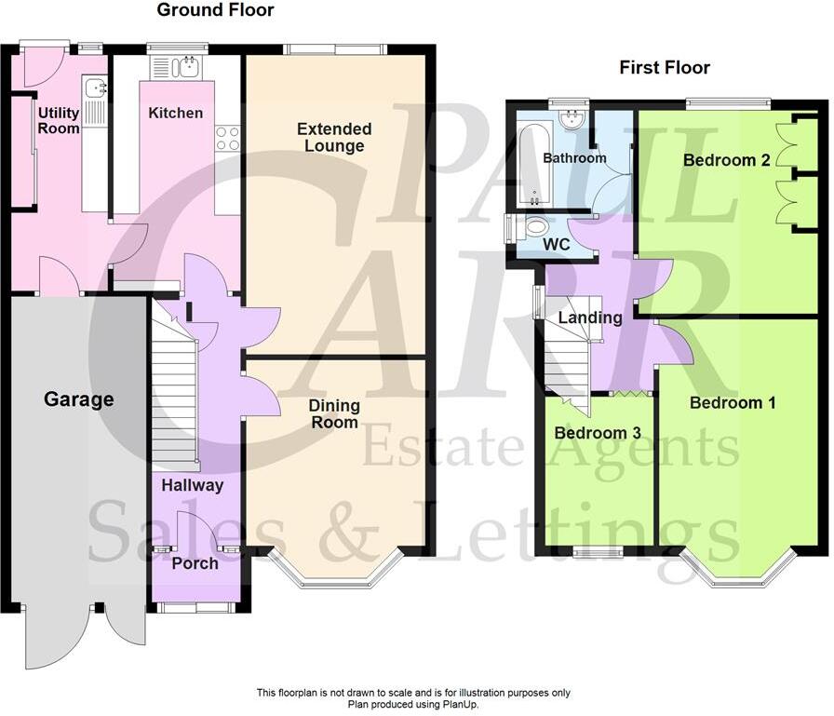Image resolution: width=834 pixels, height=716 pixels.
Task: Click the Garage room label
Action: [x=79, y=399]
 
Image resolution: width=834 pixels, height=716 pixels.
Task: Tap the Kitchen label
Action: [x=176, y=113]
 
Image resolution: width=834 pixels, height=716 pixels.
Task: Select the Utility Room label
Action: [x=59, y=121]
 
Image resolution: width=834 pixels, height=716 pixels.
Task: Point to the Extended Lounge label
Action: [x=334, y=137]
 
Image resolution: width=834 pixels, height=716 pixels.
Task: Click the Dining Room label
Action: [x=334, y=414]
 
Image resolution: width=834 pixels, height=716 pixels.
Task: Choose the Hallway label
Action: [x=193, y=484]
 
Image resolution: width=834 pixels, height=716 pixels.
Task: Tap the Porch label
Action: [x=195, y=563]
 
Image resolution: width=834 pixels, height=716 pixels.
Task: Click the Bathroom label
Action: [x=574, y=157]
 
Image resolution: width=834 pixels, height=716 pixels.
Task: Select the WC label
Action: [x=557, y=246]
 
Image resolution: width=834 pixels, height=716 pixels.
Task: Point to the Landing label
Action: [x=590, y=317]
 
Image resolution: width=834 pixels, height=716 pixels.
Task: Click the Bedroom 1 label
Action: [x=733, y=403]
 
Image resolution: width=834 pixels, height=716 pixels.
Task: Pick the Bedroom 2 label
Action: [x=726, y=160]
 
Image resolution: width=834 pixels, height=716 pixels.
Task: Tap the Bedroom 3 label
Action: [x=597, y=433]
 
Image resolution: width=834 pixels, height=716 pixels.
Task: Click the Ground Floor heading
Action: [x=215, y=10]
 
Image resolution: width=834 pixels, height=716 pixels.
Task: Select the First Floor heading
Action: [x=665, y=67]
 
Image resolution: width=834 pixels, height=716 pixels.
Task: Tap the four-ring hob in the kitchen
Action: [x=227, y=138]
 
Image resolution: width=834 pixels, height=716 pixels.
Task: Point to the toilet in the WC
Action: [x=536, y=226]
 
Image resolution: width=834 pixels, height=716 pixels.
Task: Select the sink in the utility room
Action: [x=95, y=88]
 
